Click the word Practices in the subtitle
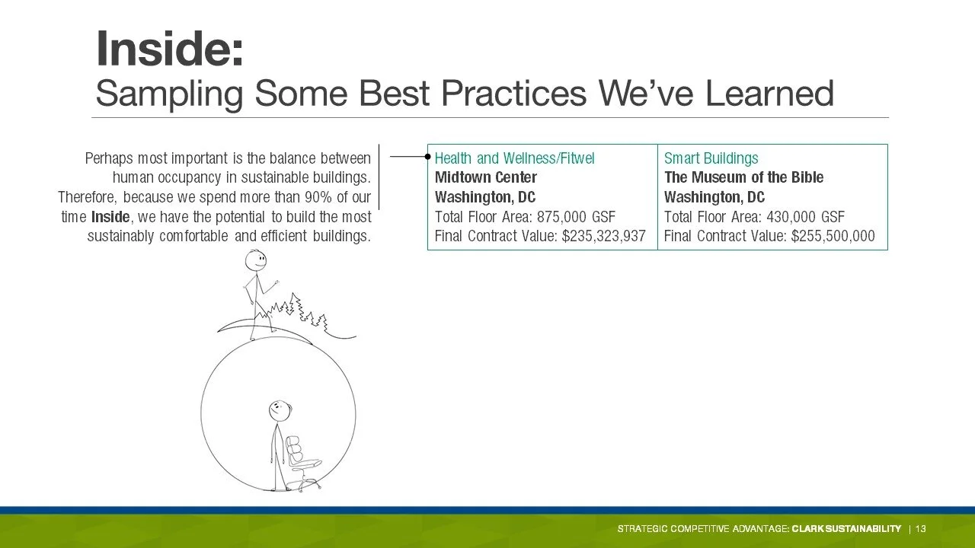[x=513, y=94]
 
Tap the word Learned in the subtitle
[x=769, y=93]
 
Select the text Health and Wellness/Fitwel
[x=514, y=158]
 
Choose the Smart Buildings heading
[x=711, y=158]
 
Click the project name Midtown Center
[x=486, y=177]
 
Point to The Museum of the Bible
[x=744, y=177]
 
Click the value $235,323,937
[x=604, y=236]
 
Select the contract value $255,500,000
[x=833, y=236]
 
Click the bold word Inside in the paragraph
[x=110, y=217]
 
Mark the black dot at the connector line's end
[x=428, y=157]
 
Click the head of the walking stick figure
[x=255, y=261]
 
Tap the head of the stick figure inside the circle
[x=280, y=411]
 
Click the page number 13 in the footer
[x=921, y=529]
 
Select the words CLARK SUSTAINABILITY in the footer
[x=846, y=529]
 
